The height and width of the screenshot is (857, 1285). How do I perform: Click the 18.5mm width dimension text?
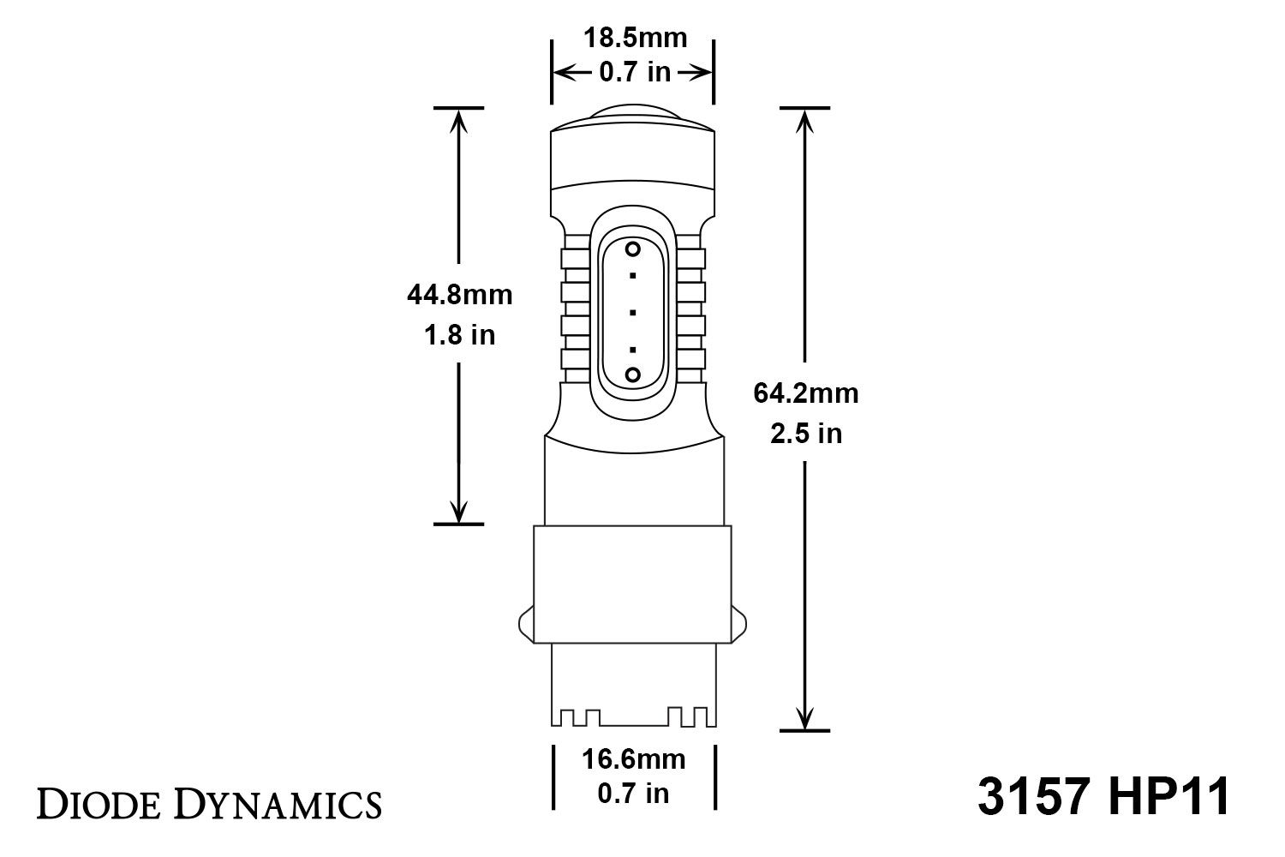[x=635, y=39]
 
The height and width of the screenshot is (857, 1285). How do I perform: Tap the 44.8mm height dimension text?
[x=459, y=295]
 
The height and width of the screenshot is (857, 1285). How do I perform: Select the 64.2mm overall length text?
[x=805, y=393]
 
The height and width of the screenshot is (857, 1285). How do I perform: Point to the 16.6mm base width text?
[x=634, y=759]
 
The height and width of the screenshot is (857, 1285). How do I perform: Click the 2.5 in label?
[x=805, y=434]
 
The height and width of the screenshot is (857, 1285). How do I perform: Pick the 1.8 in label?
[x=459, y=334]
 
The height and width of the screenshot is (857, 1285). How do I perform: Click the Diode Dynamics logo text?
[x=208, y=805]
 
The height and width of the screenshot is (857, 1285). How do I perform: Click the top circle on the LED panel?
[x=633, y=249]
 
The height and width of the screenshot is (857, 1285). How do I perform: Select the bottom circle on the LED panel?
[x=633, y=375]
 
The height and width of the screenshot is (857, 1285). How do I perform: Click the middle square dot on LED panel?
[x=633, y=312]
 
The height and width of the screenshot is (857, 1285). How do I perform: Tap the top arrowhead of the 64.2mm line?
[x=804, y=120]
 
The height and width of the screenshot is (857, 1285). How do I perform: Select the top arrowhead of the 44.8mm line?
[x=459, y=120]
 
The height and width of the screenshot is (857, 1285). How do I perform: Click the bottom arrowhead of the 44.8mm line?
[x=459, y=512]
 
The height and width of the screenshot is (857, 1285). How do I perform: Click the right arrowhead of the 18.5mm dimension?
[x=703, y=73]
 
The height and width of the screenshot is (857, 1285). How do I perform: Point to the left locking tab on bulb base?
[x=525, y=620]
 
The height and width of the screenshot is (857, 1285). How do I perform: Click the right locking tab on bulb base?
[x=741, y=620]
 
